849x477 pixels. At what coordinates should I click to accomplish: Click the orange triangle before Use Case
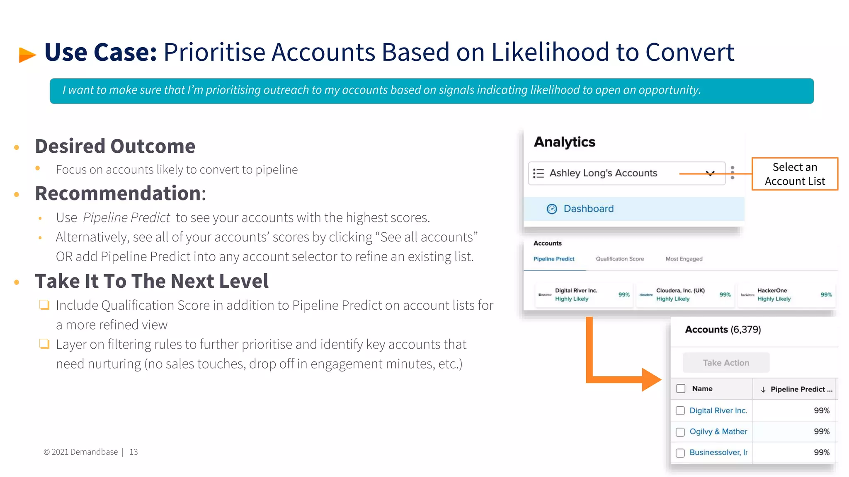pos(27,55)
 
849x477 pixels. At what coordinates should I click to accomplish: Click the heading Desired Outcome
pos(115,146)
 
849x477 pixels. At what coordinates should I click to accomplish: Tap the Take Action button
pos(725,363)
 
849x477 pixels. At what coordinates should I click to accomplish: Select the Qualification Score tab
pos(620,259)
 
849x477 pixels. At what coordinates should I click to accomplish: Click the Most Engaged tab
pos(684,259)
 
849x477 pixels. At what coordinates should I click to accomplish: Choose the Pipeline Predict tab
pos(553,259)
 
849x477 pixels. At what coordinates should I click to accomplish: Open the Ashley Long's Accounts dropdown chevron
pos(710,173)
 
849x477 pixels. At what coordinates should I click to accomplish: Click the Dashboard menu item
pos(588,209)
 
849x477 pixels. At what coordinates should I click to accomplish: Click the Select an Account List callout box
pos(794,174)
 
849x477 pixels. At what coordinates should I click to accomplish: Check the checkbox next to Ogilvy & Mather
pos(680,432)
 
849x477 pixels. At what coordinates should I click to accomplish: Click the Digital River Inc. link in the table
pos(718,410)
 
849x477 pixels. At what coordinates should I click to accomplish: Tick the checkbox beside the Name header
pos(681,388)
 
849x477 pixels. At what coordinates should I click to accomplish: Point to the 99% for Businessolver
pos(821,452)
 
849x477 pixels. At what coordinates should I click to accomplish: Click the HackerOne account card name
pos(772,290)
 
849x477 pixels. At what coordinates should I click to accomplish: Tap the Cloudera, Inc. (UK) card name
pos(680,290)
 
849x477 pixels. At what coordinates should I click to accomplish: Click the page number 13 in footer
pos(133,452)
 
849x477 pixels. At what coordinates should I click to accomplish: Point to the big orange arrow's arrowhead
pos(651,379)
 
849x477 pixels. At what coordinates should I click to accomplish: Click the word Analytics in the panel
pos(564,142)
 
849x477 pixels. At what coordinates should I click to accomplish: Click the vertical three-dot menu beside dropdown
pos(733,173)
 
